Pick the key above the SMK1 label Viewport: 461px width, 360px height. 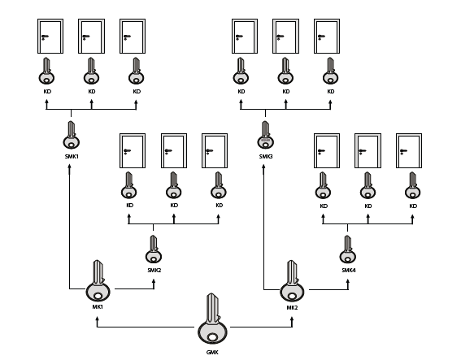[72, 135]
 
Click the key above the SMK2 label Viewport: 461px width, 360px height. [154, 249]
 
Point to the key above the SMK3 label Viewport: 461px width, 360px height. [266, 135]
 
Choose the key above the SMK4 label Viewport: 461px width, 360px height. [348, 249]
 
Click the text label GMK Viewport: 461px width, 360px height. [212, 353]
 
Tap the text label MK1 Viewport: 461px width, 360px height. [98, 307]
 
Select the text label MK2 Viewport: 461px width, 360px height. [292, 308]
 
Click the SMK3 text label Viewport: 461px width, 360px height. [266, 157]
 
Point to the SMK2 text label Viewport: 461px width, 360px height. [154, 271]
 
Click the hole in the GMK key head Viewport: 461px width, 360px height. [212, 337]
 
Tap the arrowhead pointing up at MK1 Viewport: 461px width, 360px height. [98, 319]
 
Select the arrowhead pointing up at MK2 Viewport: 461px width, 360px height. [292, 319]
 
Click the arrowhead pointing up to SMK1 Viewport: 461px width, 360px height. [70, 167]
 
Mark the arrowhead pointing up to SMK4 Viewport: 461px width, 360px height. [348, 282]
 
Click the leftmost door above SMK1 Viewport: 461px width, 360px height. [50, 36]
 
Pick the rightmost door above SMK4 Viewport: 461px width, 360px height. [409, 151]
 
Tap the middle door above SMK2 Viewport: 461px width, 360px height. [174, 151]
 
